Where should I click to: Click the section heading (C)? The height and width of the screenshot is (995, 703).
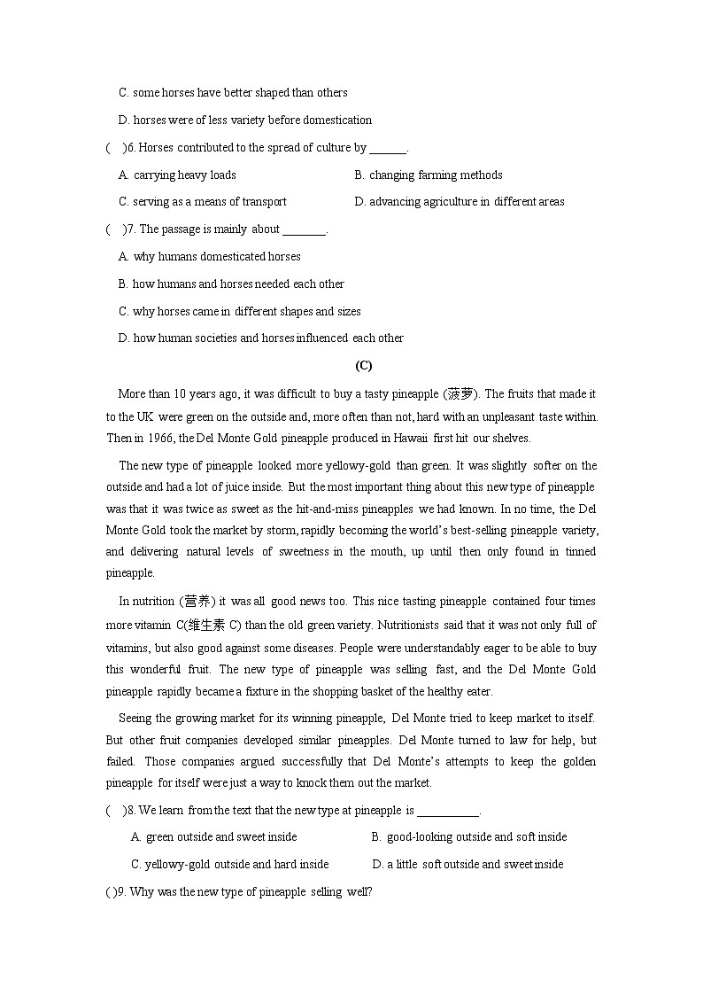[363, 365]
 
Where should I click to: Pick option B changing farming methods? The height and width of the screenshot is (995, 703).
[429, 175]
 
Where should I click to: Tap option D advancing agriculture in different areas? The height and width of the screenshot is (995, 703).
[460, 201]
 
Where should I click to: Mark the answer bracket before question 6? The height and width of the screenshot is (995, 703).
[115, 148]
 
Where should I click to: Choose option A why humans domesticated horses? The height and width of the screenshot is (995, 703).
[210, 256]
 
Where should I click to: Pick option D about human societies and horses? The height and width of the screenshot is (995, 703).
[261, 338]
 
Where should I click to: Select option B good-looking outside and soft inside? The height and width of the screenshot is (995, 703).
[469, 836]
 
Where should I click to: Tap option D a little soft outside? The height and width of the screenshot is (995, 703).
[467, 864]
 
